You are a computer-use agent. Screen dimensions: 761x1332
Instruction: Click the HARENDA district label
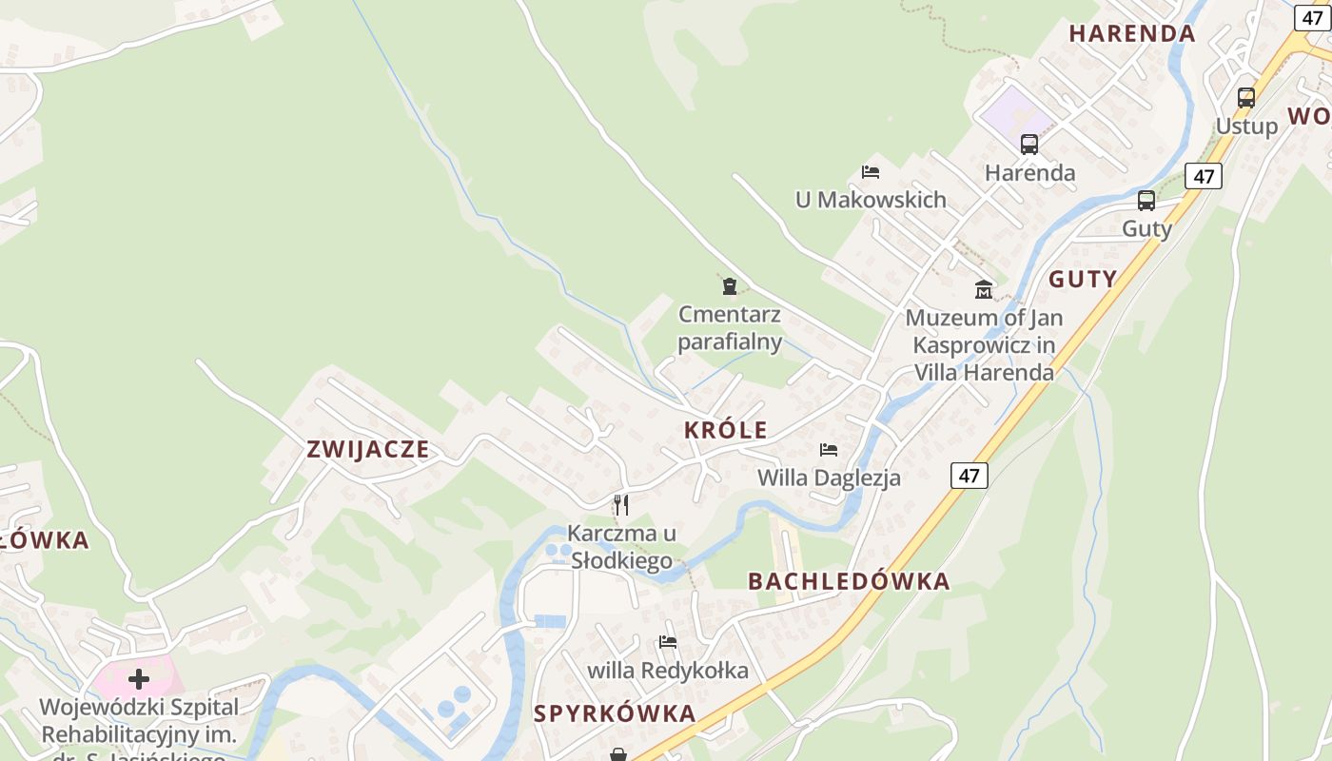point(1131,34)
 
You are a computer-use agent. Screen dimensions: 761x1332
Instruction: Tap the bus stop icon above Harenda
point(1029,145)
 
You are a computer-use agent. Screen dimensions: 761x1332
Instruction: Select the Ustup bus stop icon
point(1245,97)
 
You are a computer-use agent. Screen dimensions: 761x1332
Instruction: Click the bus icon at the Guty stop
point(1146,201)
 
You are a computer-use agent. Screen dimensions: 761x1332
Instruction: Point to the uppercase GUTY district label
point(1083,280)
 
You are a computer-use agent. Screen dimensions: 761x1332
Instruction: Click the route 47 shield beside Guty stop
point(1204,176)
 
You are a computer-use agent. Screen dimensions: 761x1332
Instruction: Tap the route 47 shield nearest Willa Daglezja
point(969,476)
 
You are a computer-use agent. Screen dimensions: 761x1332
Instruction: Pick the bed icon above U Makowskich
point(870,172)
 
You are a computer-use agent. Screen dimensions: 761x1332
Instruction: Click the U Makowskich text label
point(871,200)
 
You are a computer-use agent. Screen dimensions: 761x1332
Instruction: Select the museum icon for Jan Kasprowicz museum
point(984,289)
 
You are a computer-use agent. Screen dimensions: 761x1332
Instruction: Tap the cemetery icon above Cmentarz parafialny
point(730,285)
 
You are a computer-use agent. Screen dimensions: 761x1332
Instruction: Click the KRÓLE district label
point(725,430)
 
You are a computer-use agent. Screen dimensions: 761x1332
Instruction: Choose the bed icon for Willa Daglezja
point(829,450)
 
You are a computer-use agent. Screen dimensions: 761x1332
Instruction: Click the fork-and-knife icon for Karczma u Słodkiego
point(621,504)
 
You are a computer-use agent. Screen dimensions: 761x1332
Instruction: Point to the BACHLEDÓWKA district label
point(849,581)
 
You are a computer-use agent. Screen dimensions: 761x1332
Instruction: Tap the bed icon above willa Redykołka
point(668,642)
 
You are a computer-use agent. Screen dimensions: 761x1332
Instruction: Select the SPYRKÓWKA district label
point(615,713)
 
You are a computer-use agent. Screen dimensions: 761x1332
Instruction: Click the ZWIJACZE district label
point(368,449)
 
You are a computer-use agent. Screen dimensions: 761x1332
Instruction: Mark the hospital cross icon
point(139,679)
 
